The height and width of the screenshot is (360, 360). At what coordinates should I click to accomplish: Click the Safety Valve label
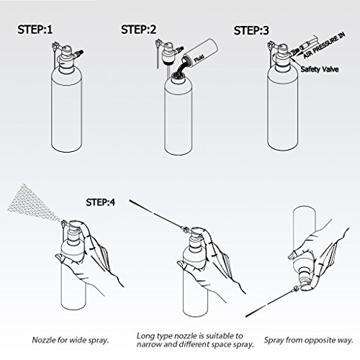coord(320,71)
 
